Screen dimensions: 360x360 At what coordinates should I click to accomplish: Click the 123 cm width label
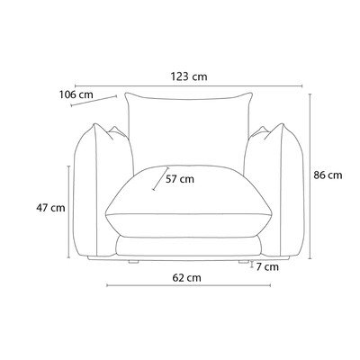[x=189, y=76]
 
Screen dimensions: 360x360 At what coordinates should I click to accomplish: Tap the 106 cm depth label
[x=76, y=94]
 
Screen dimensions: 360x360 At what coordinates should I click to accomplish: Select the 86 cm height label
[x=328, y=175]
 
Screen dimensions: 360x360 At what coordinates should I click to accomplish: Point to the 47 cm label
[x=50, y=208]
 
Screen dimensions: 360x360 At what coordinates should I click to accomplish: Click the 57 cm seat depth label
[x=180, y=179]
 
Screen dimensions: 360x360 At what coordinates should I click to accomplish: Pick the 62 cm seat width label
[x=186, y=278]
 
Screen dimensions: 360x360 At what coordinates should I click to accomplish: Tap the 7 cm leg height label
[x=267, y=266]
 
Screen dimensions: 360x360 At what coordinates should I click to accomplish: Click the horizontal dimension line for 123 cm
[x=188, y=85]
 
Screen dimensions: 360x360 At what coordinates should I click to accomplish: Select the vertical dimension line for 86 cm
[x=310, y=176]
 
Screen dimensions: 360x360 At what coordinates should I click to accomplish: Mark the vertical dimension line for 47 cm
[x=68, y=211]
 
